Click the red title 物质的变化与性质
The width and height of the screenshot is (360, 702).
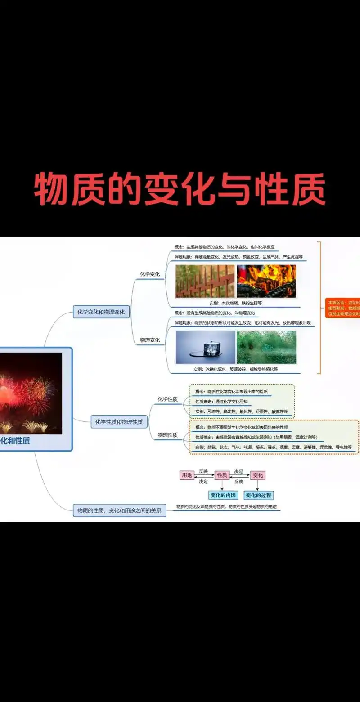pos(180,189)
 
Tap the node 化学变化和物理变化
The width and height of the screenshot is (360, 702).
pos(101,311)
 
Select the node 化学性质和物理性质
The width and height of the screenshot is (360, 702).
pos(119,422)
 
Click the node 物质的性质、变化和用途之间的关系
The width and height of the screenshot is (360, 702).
pos(119,510)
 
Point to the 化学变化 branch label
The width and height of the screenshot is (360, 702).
pos(150,274)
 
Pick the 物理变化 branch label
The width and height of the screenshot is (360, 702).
pos(150,340)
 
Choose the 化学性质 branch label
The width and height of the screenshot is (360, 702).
pos(167,399)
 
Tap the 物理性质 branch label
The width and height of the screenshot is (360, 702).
pos(167,435)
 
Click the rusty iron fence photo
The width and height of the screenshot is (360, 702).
pos(205,281)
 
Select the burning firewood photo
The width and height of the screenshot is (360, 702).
pos(266,281)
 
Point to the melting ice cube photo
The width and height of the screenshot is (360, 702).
pos(205,347)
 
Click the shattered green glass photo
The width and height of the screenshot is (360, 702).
pos(266,347)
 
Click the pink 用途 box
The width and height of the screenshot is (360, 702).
pos(186,475)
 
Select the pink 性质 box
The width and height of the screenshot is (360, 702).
pos(222,475)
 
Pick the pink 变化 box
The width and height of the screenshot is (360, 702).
pos(257,475)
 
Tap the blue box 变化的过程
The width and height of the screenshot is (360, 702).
pos(258,495)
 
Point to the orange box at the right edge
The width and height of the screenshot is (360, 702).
pos(343,308)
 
